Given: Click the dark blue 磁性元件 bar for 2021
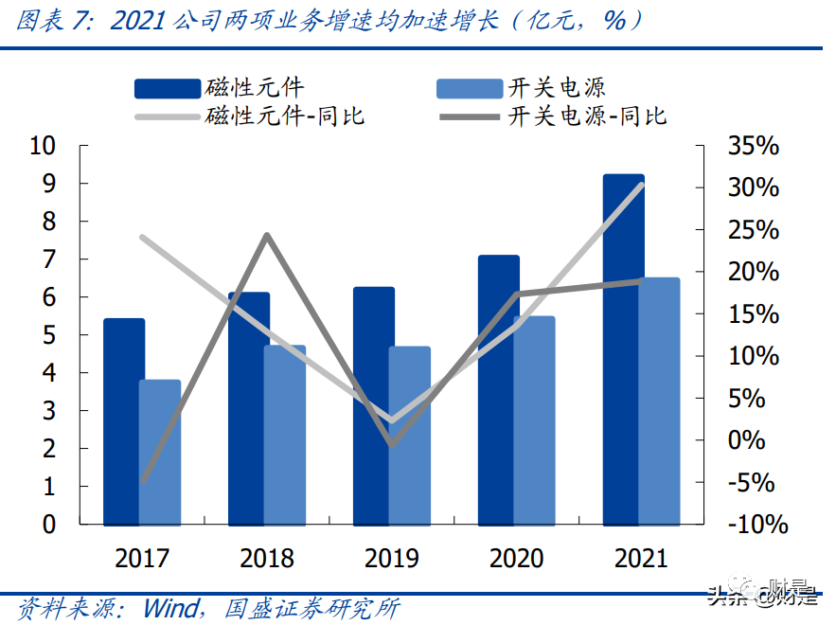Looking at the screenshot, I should pos(623,349).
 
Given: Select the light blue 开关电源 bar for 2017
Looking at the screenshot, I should pos(160,452).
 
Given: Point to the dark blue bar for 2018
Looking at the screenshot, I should pos(248,408).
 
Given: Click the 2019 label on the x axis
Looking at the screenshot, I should pos(392,557).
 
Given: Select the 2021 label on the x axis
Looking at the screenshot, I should pos(641,557).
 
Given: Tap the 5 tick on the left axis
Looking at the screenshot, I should pos(49,335).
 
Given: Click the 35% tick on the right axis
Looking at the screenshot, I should pos(753,147).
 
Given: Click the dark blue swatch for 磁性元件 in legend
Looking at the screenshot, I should pos(168,89).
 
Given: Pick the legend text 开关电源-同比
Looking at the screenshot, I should pos(588,116).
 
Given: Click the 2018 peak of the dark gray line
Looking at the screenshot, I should pos(267,235).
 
